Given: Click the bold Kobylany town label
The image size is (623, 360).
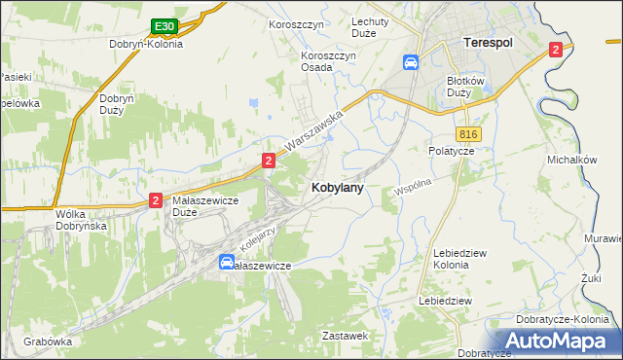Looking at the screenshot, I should coord(338,189).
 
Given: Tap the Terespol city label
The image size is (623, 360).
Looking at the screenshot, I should coord(487,44).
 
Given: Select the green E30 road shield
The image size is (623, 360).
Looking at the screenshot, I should coord(164,26).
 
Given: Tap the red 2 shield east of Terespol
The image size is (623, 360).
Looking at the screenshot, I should coord(555,50).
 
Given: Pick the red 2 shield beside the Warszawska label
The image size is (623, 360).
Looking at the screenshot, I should coord(267,159).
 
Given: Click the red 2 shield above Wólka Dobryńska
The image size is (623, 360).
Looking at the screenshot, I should coord(156,200).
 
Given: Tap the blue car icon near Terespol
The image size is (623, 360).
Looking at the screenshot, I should coord(411,62).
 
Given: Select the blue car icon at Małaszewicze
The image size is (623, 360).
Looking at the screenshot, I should coord(226,262).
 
